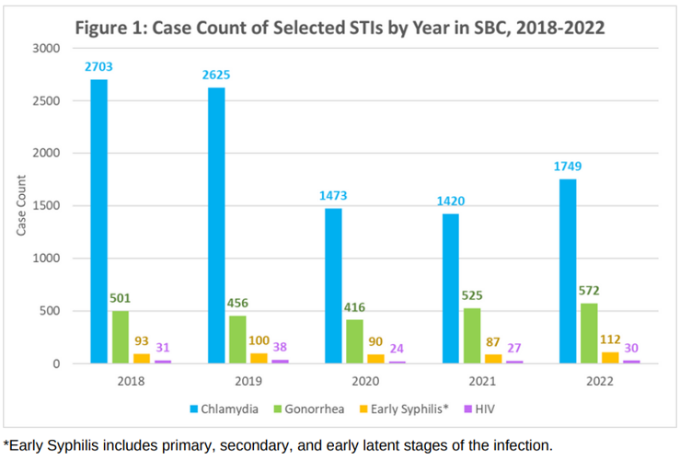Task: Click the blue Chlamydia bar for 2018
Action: pos(98,221)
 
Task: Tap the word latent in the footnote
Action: pos(382,445)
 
